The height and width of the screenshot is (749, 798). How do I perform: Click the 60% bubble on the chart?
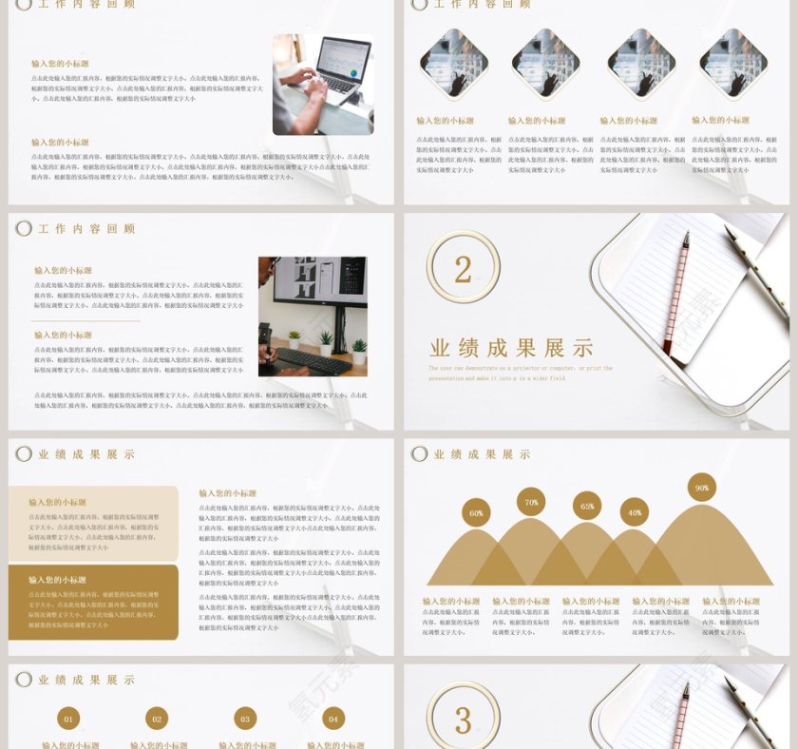[x=476, y=513]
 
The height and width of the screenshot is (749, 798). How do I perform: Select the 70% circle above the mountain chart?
[x=531, y=502]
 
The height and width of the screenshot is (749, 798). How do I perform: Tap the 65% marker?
[x=587, y=507]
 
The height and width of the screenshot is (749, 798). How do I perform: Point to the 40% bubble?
[x=635, y=512]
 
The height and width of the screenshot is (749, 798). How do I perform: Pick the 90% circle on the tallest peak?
[x=702, y=488]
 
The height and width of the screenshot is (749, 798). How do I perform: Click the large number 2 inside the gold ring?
[x=463, y=269]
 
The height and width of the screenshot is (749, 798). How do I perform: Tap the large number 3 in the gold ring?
[x=463, y=720]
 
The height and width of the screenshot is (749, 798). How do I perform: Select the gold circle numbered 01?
[x=68, y=720]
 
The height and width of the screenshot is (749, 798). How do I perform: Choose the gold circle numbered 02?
[x=157, y=720]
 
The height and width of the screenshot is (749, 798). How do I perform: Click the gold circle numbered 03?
[x=245, y=720]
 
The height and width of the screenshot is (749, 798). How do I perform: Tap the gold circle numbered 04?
[x=332, y=720]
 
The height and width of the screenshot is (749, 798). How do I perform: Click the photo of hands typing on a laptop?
[x=323, y=85]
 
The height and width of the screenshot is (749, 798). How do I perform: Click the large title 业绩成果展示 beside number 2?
[x=511, y=347]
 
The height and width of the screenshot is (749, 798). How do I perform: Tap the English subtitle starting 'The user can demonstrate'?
[x=520, y=373]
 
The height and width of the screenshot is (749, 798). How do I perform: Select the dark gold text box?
[x=93, y=603]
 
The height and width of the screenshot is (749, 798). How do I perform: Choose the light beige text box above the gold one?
[x=93, y=524]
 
